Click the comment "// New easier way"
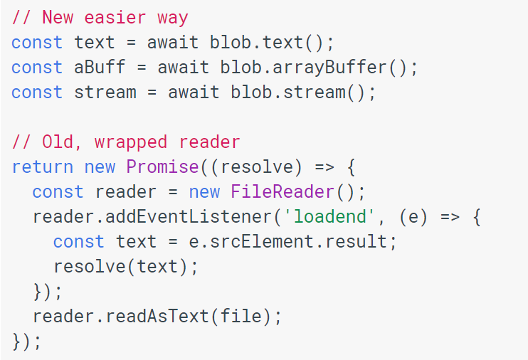[x=100, y=17]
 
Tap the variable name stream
[x=105, y=92]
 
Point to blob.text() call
[x=272, y=42]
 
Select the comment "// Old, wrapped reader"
[x=126, y=142]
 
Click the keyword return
[x=42, y=167]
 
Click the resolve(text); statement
[x=126, y=267]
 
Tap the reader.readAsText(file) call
[x=157, y=317]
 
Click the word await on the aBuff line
[x=179, y=68]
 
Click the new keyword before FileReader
[x=204, y=192]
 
